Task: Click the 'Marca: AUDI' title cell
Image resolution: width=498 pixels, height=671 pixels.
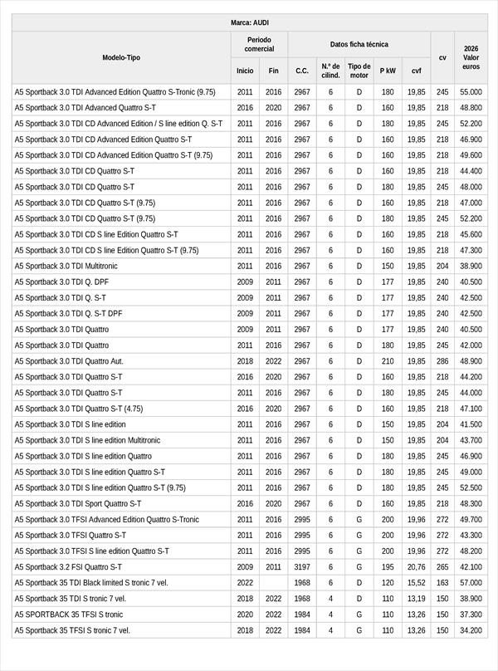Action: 249,22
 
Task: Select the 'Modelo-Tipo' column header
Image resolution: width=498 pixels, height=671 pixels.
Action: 121,57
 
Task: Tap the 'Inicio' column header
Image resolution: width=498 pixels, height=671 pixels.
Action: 245,71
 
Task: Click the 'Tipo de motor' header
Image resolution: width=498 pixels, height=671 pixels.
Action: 359,71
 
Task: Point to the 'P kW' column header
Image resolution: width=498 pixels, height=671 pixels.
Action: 388,71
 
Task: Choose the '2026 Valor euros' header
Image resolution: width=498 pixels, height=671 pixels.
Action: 471,57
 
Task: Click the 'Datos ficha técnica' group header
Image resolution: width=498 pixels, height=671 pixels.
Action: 359,44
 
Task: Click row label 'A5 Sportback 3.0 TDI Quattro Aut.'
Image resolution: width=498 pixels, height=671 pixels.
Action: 69,361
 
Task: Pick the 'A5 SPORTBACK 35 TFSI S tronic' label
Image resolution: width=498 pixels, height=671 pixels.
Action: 69,615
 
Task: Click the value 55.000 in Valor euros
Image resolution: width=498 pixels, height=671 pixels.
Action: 471,92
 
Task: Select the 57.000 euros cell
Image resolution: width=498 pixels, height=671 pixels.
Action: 471,583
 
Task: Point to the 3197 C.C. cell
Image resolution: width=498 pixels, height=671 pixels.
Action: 302,567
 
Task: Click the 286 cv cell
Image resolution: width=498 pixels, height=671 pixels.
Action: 442,361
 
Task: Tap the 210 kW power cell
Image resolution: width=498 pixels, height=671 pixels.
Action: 388,361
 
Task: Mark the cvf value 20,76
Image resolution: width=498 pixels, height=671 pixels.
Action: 416,567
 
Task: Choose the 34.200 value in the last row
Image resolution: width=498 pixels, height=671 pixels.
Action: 471,630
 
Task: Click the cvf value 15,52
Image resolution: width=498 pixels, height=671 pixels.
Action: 416,583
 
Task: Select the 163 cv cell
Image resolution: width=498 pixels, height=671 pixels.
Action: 442,583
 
